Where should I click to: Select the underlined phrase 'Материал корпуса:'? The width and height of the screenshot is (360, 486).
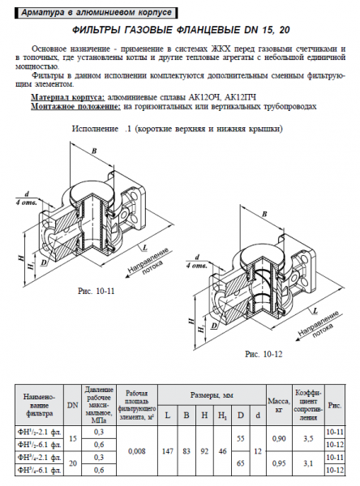[67, 96]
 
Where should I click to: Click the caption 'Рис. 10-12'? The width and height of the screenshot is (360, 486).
[264, 353]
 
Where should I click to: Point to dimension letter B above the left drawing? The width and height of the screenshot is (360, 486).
[95, 151]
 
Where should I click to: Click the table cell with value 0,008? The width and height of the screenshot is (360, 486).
[137, 449]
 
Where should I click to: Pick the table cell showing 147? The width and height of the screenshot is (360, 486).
[168, 449]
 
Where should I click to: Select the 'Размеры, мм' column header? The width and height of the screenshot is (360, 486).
[212, 394]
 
